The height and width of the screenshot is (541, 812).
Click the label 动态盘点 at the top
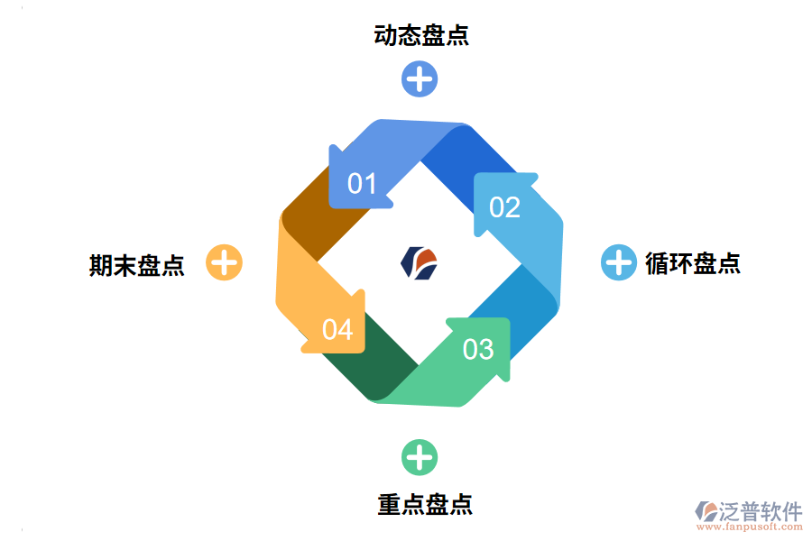pyautogui.click(x=421, y=36)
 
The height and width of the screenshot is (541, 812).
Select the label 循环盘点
pyautogui.click(x=693, y=263)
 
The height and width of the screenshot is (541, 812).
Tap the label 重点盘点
pyautogui.click(x=425, y=504)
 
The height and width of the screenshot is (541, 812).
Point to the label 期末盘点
pyautogui.click(x=137, y=265)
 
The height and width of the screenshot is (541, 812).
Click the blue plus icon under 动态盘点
pyautogui.click(x=420, y=78)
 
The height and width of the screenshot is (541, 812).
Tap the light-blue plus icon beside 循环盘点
pyautogui.click(x=619, y=262)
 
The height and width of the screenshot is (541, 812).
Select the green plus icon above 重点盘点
pyautogui.click(x=420, y=457)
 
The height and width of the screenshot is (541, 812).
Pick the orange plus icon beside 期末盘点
pyautogui.click(x=225, y=263)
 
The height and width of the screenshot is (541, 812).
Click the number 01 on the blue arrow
pyautogui.click(x=362, y=184)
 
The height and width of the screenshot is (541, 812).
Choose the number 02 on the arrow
pyautogui.click(x=504, y=207)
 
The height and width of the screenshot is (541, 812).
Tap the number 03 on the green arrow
pyautogui.click(x=478, y=349)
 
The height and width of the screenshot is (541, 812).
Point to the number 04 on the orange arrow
pyautogui.click(x=337, y=330)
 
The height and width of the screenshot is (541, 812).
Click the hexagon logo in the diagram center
pyautogui.click(x=420, y=262)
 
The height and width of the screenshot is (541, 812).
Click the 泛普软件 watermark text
pyautogui.click(x=760, y=511)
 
